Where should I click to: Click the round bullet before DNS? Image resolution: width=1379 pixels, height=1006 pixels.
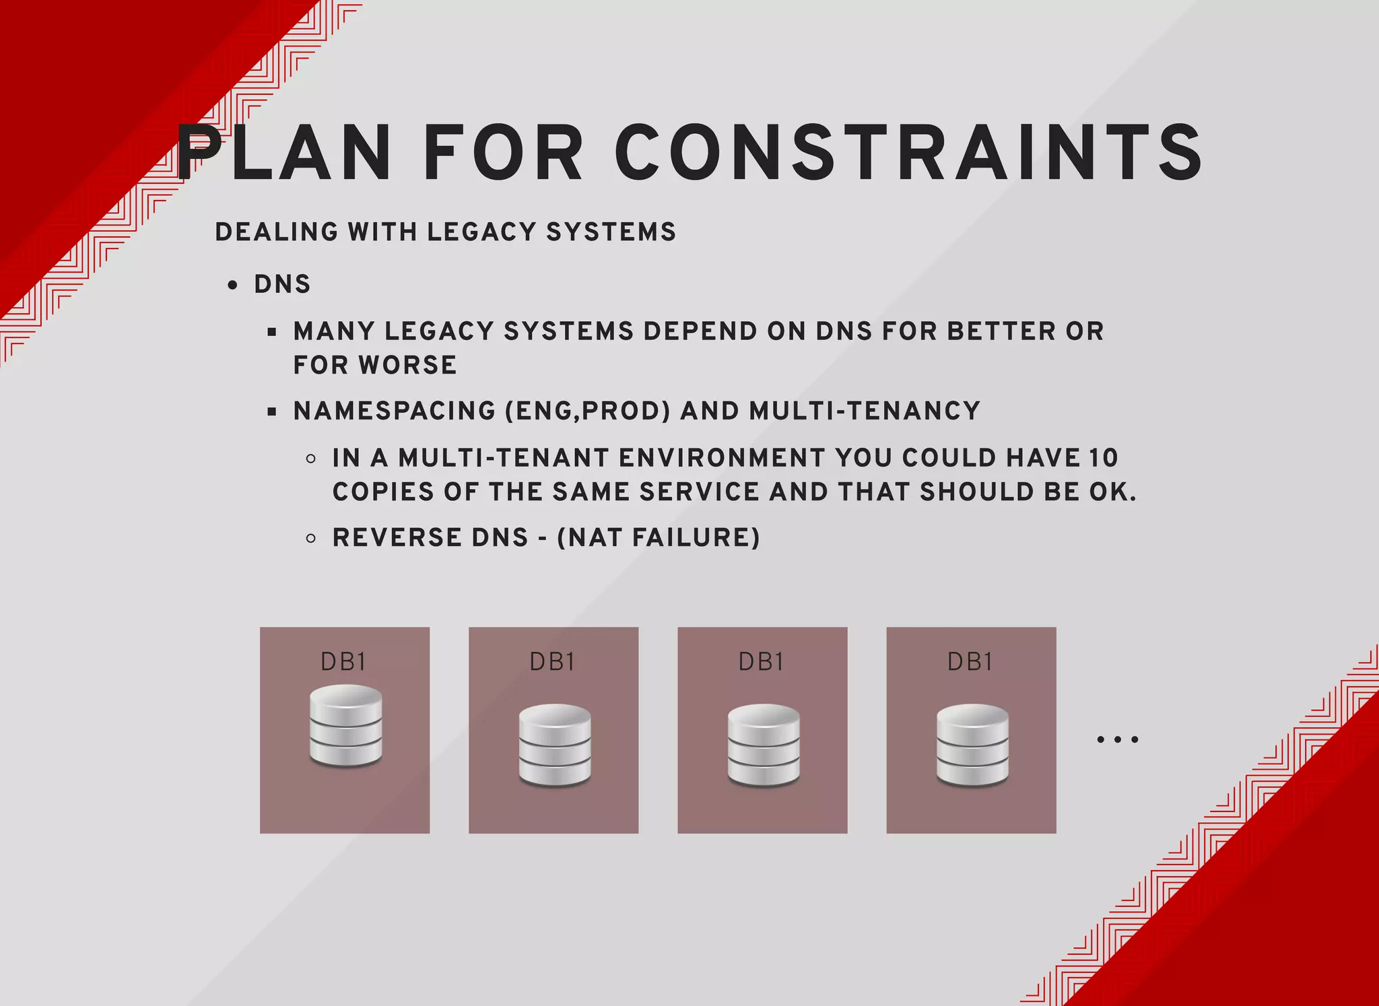coord(233,286)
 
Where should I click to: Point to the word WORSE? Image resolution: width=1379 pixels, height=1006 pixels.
coord(407,366)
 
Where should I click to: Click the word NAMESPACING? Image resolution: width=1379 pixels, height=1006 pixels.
coord(395,411)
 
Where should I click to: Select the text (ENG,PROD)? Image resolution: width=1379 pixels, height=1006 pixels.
coord(588,411)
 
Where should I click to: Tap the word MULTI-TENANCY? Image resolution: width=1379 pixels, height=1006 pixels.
coord(865,411)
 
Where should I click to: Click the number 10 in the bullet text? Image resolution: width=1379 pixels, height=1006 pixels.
coord(1103,459)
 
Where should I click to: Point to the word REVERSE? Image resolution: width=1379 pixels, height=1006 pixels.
coord(397,538)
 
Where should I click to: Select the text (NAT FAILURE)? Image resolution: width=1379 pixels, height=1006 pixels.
coord(659,538)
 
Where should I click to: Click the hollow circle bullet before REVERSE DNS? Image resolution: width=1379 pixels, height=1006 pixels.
coord(310,539)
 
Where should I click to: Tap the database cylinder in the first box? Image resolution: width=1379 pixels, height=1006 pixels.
coord(345,725)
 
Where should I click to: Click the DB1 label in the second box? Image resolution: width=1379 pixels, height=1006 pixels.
coord(553,663)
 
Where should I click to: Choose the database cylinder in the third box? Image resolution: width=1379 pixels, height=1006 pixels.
coord(763,745)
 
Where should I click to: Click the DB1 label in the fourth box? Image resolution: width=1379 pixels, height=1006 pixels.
coord(970,663)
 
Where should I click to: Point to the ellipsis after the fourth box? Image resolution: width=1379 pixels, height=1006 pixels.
coord(1117,740)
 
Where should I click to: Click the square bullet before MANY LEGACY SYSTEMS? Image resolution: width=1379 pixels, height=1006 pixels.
coord(272,332)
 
